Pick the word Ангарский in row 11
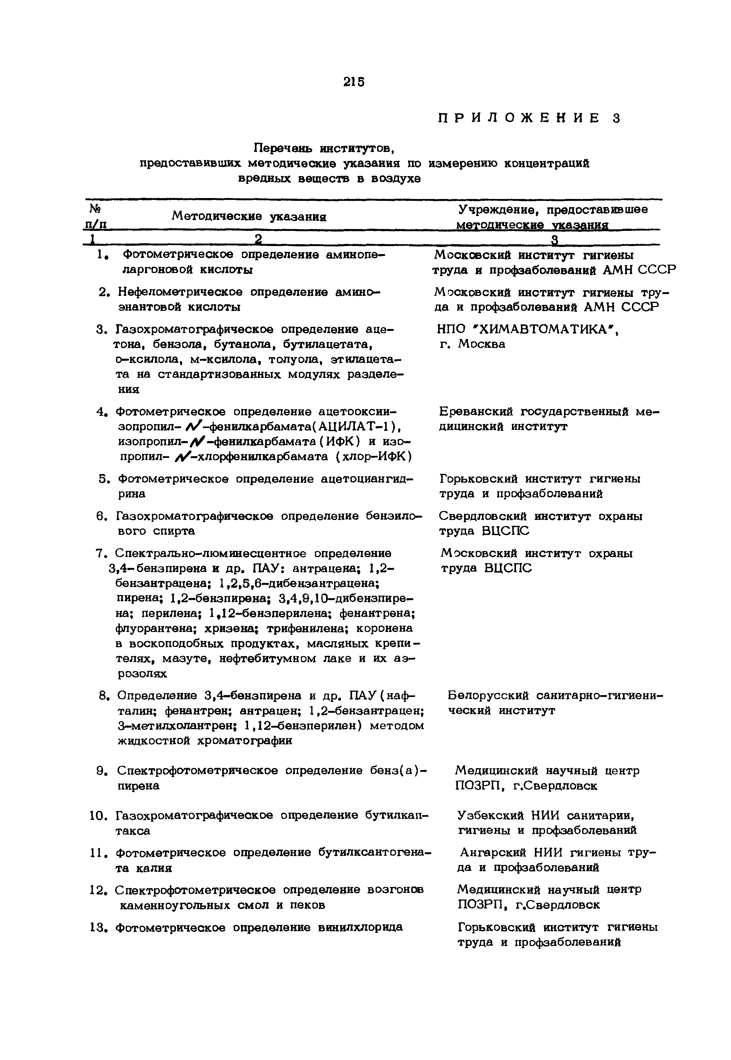tap(492, 853)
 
